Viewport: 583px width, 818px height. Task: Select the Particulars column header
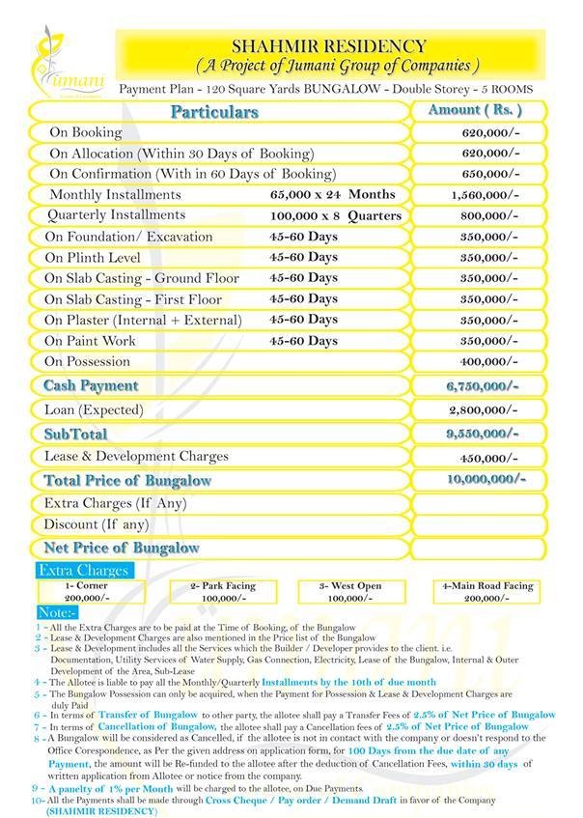point(214,112)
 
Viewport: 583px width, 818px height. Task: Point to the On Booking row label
point(85,132)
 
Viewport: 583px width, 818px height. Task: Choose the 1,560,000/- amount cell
point(486,195)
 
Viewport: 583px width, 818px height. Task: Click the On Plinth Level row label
point(93,258)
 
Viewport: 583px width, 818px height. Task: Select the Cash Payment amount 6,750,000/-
point(483,385)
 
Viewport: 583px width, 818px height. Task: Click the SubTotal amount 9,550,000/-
point(483,434)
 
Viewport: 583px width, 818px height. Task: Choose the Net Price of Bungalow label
point(121,548)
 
